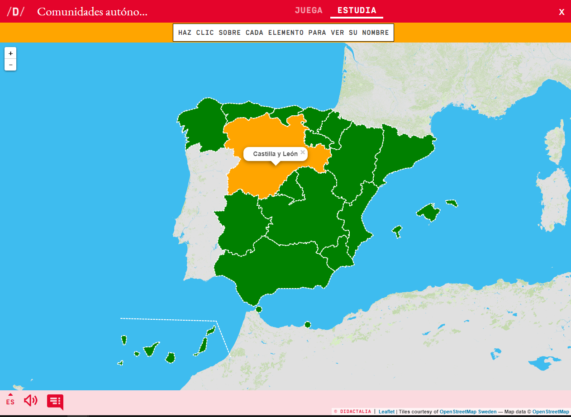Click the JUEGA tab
pos(309,10)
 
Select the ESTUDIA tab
pos(357,10)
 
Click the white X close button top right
pos(561,12)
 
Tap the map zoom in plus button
pos(10,53)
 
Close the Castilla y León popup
pos(303,152)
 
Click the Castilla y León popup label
pos(275,154)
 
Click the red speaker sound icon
pos(31,400)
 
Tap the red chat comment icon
pos(55,401)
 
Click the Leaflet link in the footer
pos(386,412)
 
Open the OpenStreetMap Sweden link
pos(468,412)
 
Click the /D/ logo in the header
pos(15,12)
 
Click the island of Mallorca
pos(428,212)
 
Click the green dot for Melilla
pos(308,324)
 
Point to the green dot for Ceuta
pos(259,309)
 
